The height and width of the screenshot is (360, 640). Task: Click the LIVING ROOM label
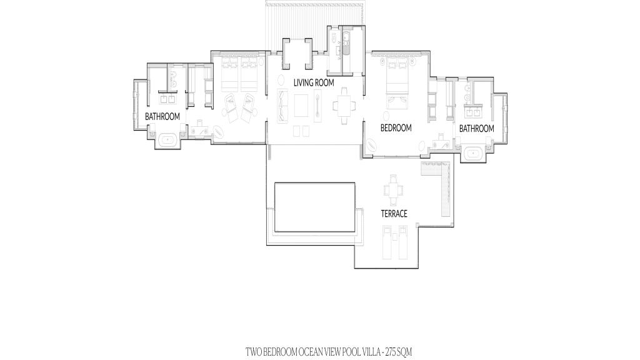click(x=314, y=82)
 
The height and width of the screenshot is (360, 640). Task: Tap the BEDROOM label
click(x=396, y=127)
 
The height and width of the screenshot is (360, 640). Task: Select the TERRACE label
click(x=394, y=214)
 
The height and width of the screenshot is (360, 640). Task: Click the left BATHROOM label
click(x=162, y=117)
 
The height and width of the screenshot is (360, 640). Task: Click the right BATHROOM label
click(x=477, y=129)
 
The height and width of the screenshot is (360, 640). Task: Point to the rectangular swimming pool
click(x=315, y=207)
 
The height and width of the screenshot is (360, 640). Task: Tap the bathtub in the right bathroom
click(x=474, y=154)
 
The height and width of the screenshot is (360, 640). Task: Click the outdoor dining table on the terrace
click(x=392, y=190)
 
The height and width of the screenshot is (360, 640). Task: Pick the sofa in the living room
click(x=282, y=106)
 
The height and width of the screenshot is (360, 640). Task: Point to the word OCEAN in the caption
click(x=311, y=351)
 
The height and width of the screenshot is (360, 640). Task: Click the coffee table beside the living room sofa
click(x=302, y=106)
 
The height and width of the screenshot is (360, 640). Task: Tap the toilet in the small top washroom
click(x=334, y=39)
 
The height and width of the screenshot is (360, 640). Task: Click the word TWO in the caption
click(x=253, y=351)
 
